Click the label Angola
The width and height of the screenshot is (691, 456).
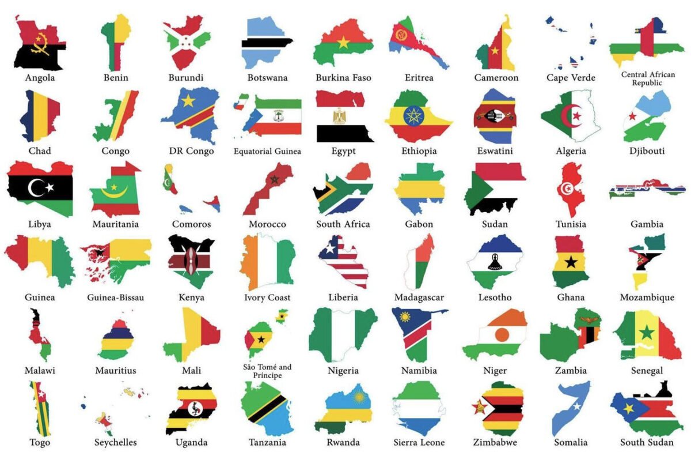(40, 78)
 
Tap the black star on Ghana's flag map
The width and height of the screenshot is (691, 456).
(571, 262)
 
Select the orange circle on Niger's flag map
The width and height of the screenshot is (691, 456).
(502, 334)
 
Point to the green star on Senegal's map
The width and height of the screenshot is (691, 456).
(647, 333)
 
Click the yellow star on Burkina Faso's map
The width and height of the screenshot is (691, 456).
(344, 42)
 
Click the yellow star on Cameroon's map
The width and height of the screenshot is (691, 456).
(494, 50)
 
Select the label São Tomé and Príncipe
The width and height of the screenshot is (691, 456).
(267, 371)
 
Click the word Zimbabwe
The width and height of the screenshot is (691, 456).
(495, 443)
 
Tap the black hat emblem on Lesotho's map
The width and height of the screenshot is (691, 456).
(494, 263)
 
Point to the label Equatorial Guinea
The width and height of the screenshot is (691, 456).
(267, 152)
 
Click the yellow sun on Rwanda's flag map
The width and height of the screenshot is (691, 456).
(360, 398)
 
